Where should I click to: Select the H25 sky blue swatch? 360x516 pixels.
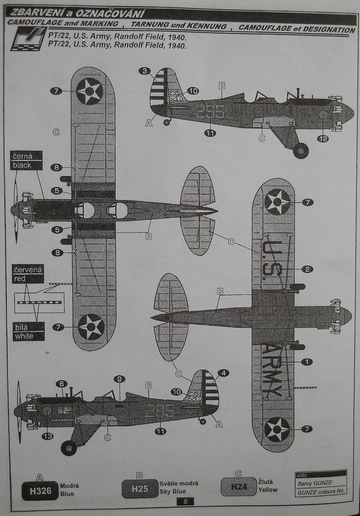139,488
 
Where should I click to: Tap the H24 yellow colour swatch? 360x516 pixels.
238,486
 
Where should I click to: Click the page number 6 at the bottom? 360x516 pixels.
185,501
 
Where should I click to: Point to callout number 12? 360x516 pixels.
323,138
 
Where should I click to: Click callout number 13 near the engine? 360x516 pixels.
47,436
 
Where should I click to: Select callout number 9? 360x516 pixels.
119,378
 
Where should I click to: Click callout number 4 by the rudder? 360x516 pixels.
223,373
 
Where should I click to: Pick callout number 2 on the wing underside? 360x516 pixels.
307,269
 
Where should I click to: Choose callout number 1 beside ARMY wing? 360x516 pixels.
307,361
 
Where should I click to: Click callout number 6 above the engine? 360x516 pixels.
61,383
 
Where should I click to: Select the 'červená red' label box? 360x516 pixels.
28,274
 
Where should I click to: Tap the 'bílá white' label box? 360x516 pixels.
28,332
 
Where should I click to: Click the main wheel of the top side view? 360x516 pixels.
301,150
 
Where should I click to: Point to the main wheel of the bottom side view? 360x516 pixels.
68,447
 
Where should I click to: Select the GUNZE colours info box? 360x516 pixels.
321,483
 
